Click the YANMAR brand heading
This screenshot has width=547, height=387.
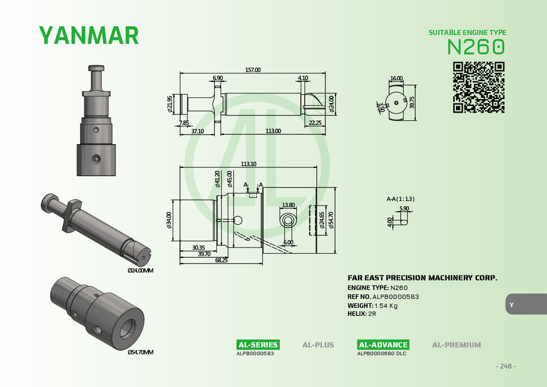tap(89, 35)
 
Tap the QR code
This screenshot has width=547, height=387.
tap(479, 88)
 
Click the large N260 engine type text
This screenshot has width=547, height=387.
tap(476, 47)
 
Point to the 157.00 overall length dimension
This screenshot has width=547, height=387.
tap(252, 69)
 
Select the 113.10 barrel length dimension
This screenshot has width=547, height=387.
tap(248, 164)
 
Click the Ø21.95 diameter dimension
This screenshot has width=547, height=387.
tap(170, 104)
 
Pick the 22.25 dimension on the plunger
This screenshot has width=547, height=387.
tap(315, 122)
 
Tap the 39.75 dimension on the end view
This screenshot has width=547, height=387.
tap(412, 102)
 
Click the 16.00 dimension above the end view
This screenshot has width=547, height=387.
tap(397, 79)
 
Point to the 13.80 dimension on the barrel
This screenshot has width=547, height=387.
tap(288, 205)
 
